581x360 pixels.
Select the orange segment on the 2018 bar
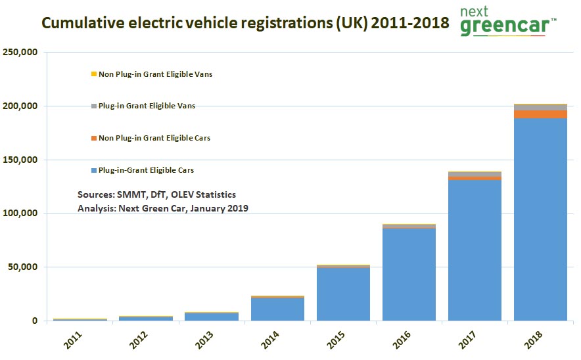[x=540, y=114]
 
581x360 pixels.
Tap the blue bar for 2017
[x=475, y=250]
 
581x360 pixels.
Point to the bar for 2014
[x=277, y=309]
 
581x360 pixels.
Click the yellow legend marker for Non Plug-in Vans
[x=94, y=74]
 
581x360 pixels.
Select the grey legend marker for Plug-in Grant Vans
[x=94, y=106]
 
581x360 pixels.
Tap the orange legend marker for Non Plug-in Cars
[x=94, y=138]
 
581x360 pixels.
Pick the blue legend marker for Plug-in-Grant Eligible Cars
[x=94, y=170]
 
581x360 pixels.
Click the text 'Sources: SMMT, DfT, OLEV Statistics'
[x=156, y=195]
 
